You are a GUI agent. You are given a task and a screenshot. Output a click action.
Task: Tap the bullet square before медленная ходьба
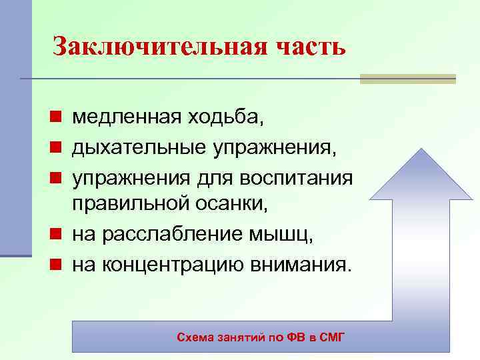pos(58,118)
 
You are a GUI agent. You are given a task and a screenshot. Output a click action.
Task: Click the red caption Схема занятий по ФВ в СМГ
pos(261,337)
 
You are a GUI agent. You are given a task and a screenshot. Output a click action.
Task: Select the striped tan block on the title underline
pos(407,79)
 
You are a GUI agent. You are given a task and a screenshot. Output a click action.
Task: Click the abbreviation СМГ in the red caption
pos(333,337)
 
